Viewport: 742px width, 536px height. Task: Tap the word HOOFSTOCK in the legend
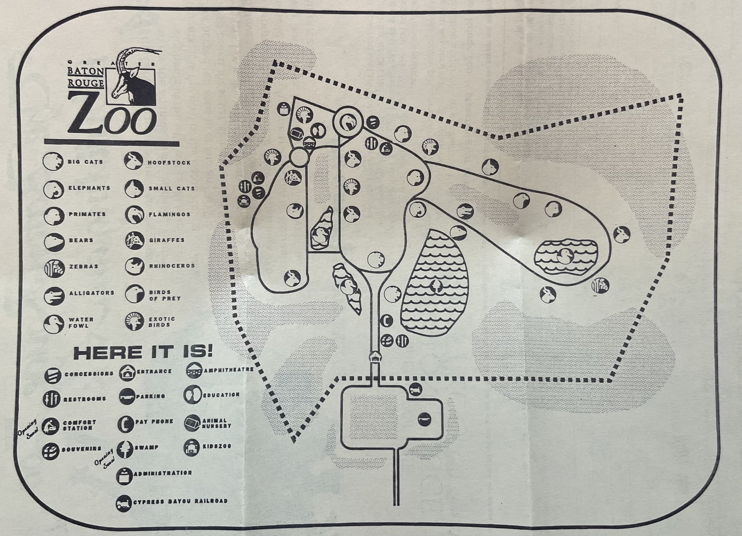point(169,163)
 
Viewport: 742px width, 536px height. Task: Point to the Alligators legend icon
point(54,296)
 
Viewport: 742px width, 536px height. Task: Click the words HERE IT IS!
point(143,352)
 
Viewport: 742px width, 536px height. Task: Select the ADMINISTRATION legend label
point(163,473)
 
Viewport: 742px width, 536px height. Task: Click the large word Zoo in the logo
point(111,117)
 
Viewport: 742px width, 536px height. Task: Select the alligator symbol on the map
point(465,211)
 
